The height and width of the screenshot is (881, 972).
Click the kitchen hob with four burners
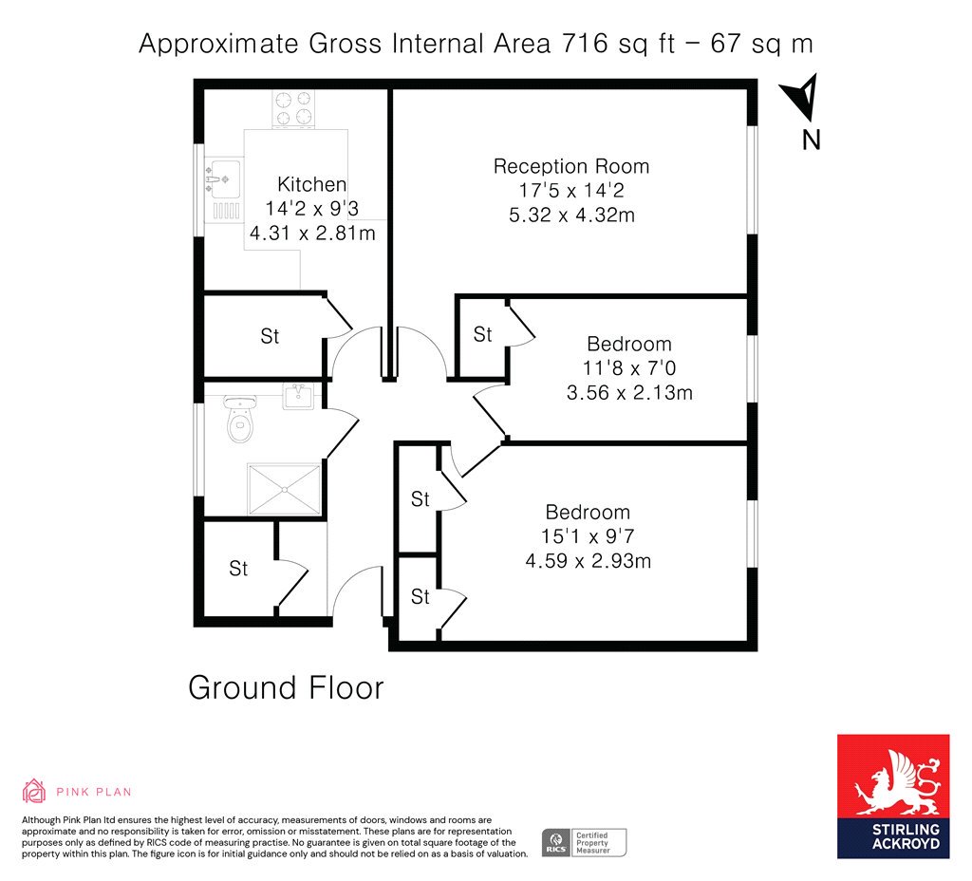point(293,109)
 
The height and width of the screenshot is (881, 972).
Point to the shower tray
point(284,489)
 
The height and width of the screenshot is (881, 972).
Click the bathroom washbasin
point(298,396)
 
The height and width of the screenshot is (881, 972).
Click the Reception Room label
point(570,166)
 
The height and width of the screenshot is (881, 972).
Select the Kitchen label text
point(311,184)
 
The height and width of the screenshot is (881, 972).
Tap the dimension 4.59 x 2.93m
point(589,561)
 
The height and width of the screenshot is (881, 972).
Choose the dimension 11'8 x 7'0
point(629,368)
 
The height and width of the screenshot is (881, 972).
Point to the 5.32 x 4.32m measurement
point(571,216)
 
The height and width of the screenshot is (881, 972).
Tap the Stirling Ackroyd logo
point(893,797)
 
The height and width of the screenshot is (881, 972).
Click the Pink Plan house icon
point(34,791)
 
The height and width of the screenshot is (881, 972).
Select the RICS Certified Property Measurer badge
point(584,843)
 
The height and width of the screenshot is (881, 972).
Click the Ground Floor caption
point(286,688)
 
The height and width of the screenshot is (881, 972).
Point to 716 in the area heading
point(585,44)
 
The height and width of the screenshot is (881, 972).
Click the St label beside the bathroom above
point(270,336)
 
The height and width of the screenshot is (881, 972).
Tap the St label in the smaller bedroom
point(482,335)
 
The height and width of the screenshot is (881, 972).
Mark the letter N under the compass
point(811,141)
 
